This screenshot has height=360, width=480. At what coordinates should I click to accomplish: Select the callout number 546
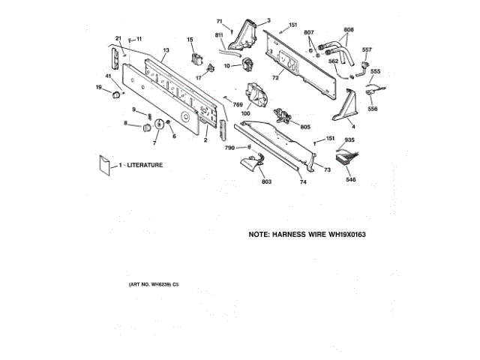350,180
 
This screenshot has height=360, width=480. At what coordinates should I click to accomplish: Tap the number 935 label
349,140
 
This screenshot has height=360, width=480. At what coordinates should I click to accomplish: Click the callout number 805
304,127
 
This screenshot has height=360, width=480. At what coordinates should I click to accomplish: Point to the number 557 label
367,49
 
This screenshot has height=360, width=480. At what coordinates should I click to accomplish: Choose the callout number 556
373,109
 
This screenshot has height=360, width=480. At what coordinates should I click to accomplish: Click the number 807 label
308,31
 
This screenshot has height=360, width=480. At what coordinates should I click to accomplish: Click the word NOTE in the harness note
262,235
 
